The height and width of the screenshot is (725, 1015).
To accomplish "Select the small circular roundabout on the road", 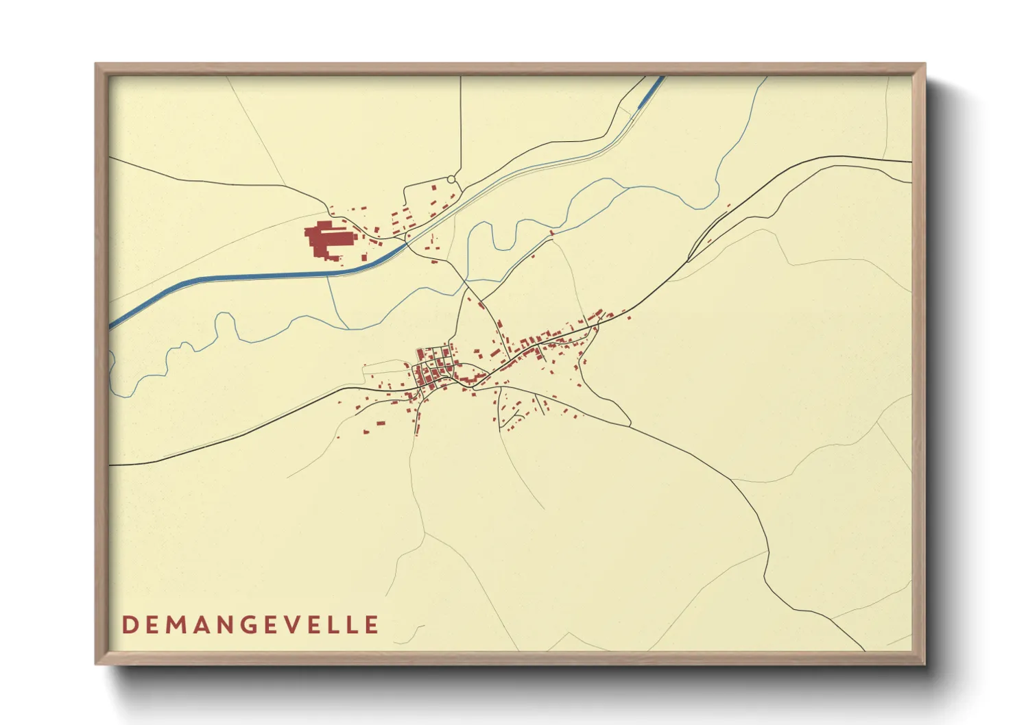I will (x=451, y=180).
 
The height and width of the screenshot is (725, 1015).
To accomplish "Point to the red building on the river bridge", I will (x=552, y=233).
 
